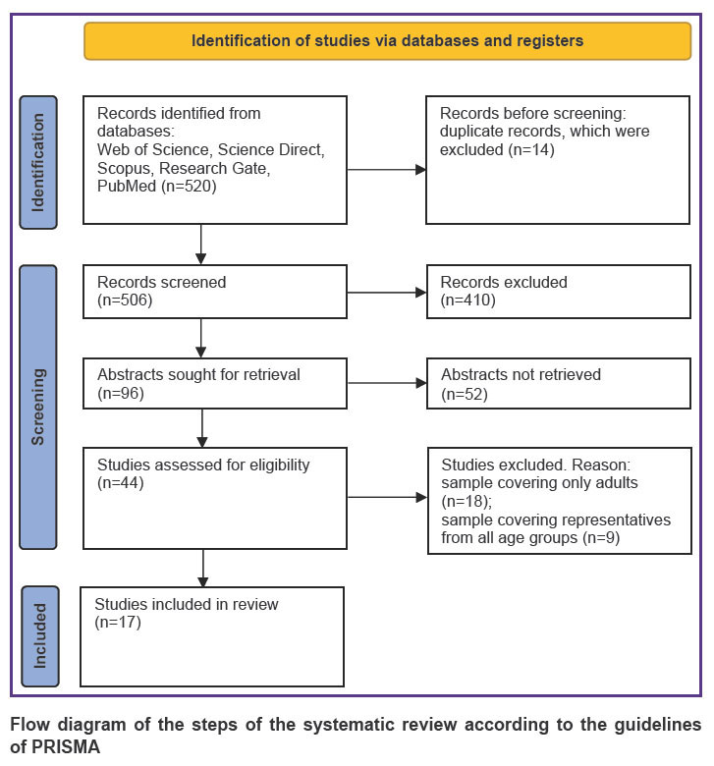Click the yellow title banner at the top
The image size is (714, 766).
click(x=388, y=41)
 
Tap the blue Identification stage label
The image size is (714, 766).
click(x=38, y=162)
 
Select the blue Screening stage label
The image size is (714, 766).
click(x=38, y=407)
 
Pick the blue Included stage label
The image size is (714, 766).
click(x=40, y=636)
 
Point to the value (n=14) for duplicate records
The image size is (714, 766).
click(x=531, y=149)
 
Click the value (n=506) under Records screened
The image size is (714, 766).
click(x=125, y=300)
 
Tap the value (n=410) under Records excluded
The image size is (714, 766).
click(x=468, y=300)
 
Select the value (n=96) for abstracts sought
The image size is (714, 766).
click(x=121, y=393)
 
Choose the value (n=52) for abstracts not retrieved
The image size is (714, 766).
click(x=465, y=394)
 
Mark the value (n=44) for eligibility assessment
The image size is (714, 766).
click(x=121, y=482)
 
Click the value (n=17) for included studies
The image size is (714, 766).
click(x=118, y=623)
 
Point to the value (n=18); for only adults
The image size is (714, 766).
click(x=467, y=501)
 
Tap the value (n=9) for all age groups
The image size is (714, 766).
click(x=601, y=538)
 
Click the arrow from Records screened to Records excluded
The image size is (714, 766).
click(x=387, y=293)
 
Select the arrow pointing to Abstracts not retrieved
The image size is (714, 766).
click(x=387, y=383)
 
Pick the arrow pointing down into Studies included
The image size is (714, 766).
click(x=203, y=569)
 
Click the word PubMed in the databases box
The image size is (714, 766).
click(x=127, y=187)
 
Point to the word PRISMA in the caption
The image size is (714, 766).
click(x=66, y=747)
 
